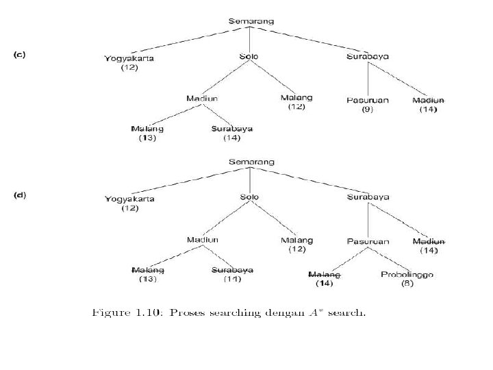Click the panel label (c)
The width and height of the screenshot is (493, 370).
tap(20, 54)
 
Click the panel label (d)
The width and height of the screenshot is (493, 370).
tap(20, 195)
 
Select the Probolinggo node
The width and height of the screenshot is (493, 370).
tap(407, 274)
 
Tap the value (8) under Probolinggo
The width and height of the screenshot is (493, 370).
tap(407, 283)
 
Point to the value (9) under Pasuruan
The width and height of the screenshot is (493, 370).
tap(367, 109)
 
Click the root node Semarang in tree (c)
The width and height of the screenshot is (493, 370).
tap(251, 21)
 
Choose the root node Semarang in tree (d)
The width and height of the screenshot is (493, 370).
tap(251, 162)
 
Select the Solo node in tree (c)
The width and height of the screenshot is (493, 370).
tap(249, 56)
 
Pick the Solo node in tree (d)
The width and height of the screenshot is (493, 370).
tap(249, 197)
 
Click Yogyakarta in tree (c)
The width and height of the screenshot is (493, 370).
tap(129, 58)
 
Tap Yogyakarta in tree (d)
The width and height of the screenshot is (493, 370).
tap(129, 199)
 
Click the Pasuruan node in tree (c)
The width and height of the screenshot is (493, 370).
tap(367, 100)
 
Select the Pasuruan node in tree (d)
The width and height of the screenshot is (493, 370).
tap(368, 241)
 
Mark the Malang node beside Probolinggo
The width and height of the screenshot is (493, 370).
tap(324, 274)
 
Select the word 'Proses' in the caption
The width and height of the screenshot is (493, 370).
tap(186, 313)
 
